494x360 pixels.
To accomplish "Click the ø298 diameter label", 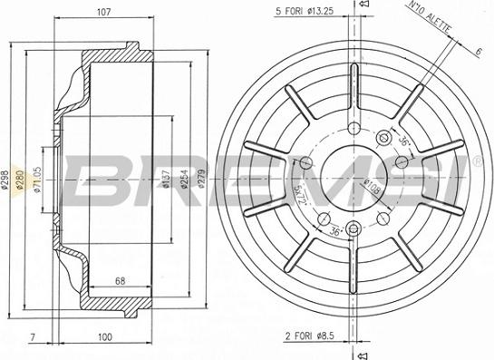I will tap(6, 180).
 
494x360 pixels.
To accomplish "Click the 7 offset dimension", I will tap(34, 337).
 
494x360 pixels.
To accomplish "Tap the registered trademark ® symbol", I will tap(477, 161).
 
